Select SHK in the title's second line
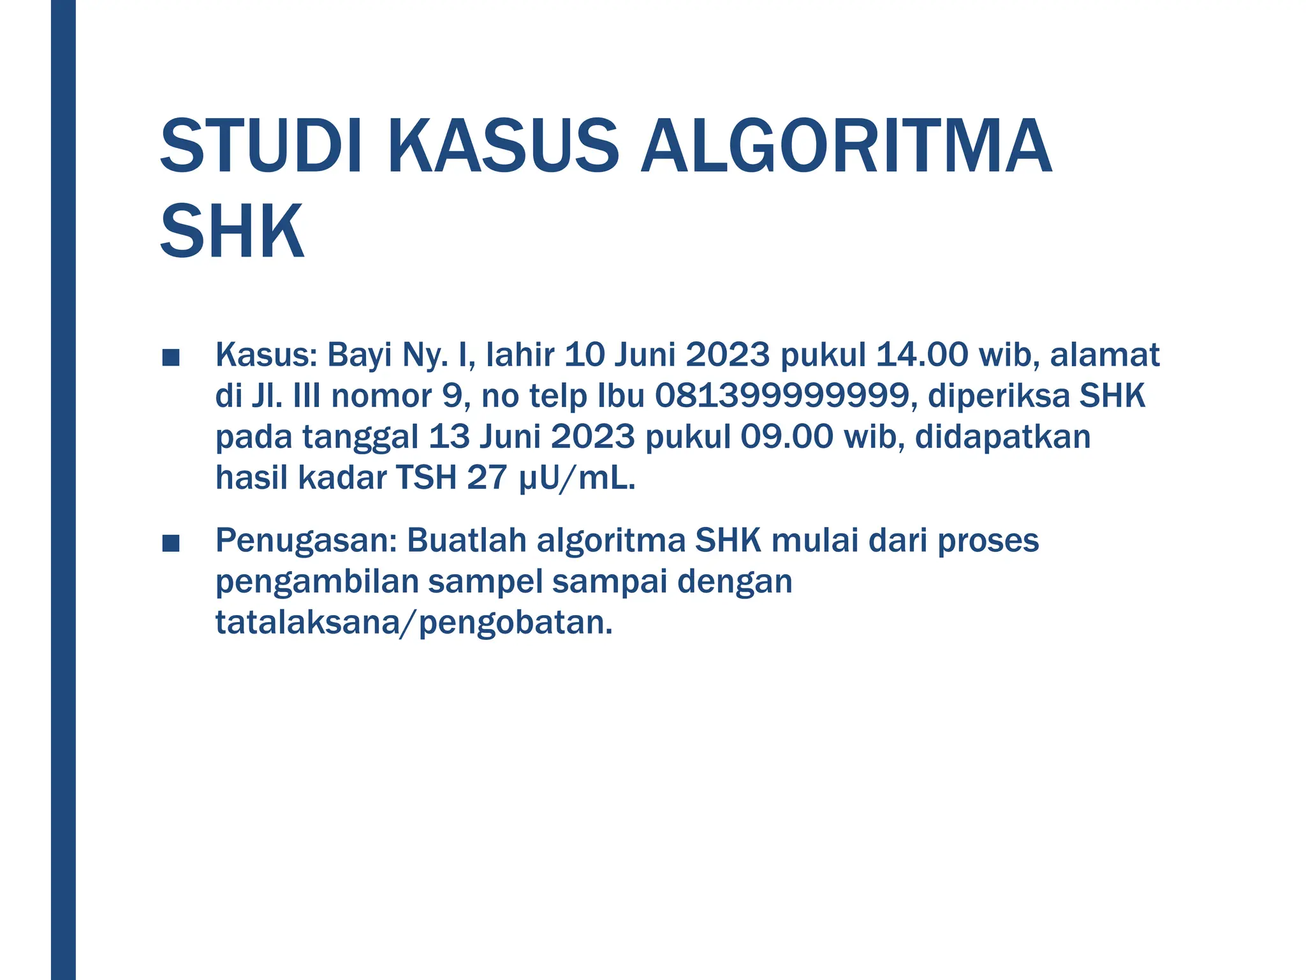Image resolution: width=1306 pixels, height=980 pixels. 232,231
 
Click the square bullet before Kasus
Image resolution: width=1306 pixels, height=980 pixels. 170,358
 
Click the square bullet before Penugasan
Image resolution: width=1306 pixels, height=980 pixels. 170,544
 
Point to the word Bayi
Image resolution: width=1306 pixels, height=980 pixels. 360,355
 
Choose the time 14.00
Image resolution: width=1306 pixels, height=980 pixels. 922,355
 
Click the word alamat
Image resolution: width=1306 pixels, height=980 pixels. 1104,355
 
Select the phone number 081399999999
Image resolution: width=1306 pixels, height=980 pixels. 782,396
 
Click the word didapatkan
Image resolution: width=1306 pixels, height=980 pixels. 1002,436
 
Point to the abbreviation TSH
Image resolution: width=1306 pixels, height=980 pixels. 426,477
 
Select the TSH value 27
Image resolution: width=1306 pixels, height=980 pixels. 487,477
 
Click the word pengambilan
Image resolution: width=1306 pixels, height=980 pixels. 316,582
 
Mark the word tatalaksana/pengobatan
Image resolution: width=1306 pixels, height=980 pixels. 414,623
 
